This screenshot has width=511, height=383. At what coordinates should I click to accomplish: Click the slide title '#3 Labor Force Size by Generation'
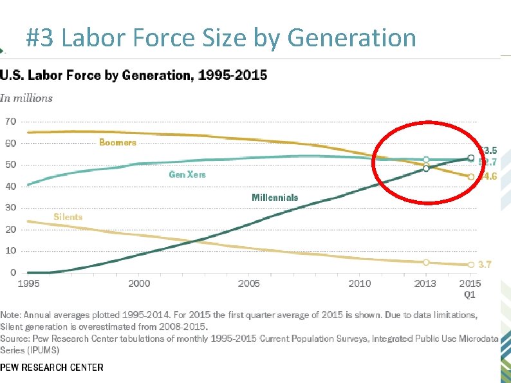[221, 38]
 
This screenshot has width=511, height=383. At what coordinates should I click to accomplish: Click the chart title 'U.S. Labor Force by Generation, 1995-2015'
[134, 75]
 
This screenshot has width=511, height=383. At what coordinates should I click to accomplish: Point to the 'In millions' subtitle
[26, 98]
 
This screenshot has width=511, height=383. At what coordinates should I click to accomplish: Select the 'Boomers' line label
[117, 142]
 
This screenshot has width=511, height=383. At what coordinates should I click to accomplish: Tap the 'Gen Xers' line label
[187, 174]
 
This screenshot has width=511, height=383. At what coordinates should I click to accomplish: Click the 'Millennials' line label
[275, 197]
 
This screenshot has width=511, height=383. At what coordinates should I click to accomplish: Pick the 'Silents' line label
[68, 217]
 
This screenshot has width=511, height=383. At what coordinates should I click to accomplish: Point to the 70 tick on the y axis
[10, 122]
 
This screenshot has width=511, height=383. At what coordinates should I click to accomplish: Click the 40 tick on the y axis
[10, 186]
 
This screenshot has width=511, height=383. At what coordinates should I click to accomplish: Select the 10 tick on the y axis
[10, 251]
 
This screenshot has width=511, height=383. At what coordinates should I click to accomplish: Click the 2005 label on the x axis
[249, 284]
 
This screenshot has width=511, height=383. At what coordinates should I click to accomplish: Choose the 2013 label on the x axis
[425, 284]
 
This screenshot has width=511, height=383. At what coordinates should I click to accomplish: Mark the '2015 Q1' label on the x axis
[470, 289]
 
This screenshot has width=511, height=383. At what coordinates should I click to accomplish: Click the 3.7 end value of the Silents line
[485, 265]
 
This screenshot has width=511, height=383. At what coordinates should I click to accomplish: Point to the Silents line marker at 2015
[471, 265]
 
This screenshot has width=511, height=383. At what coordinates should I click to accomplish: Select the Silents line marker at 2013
[426, 262]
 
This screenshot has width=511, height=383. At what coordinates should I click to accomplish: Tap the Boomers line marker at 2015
[471, 176]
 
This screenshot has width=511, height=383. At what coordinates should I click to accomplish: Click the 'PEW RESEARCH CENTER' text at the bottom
[51, 368]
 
